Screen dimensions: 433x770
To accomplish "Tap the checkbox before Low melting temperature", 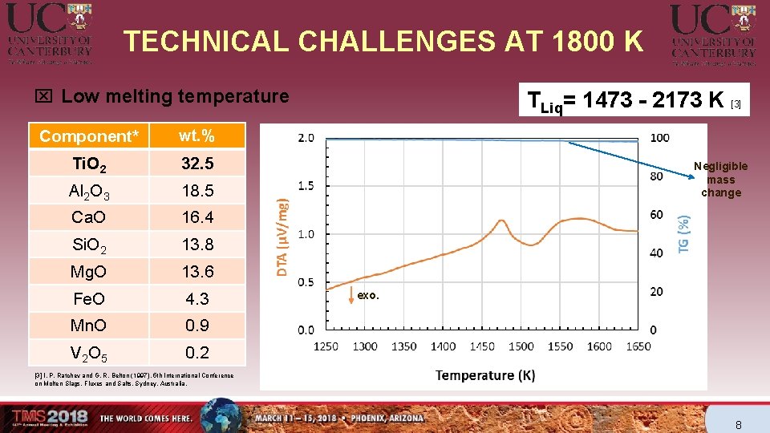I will (x=43, y=97).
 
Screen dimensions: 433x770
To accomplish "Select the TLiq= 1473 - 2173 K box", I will (x=634, y=100).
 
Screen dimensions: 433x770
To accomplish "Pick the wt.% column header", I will (x=197, y=136).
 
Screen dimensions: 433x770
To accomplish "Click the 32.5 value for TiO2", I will (x=197, y=164).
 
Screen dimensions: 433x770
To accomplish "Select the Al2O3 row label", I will (x=90, y=191).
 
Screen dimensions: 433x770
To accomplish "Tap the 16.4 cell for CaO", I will (x=197, y=217).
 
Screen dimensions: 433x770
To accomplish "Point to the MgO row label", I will (x=89, y=272).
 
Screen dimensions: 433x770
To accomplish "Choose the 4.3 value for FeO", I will (x=197, y=299).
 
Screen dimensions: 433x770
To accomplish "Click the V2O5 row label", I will (x=89, y=353).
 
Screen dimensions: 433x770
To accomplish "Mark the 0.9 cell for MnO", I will (x=197, y=326).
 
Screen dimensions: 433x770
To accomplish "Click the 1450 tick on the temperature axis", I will (x=482, y=346).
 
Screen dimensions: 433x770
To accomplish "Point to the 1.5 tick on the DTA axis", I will (x=306, y=185).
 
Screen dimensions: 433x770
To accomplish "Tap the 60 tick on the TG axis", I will (x=656, y=215).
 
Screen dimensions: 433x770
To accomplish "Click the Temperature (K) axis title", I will (x=485, y=374).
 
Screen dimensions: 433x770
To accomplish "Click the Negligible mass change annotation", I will (x=720, y=179).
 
